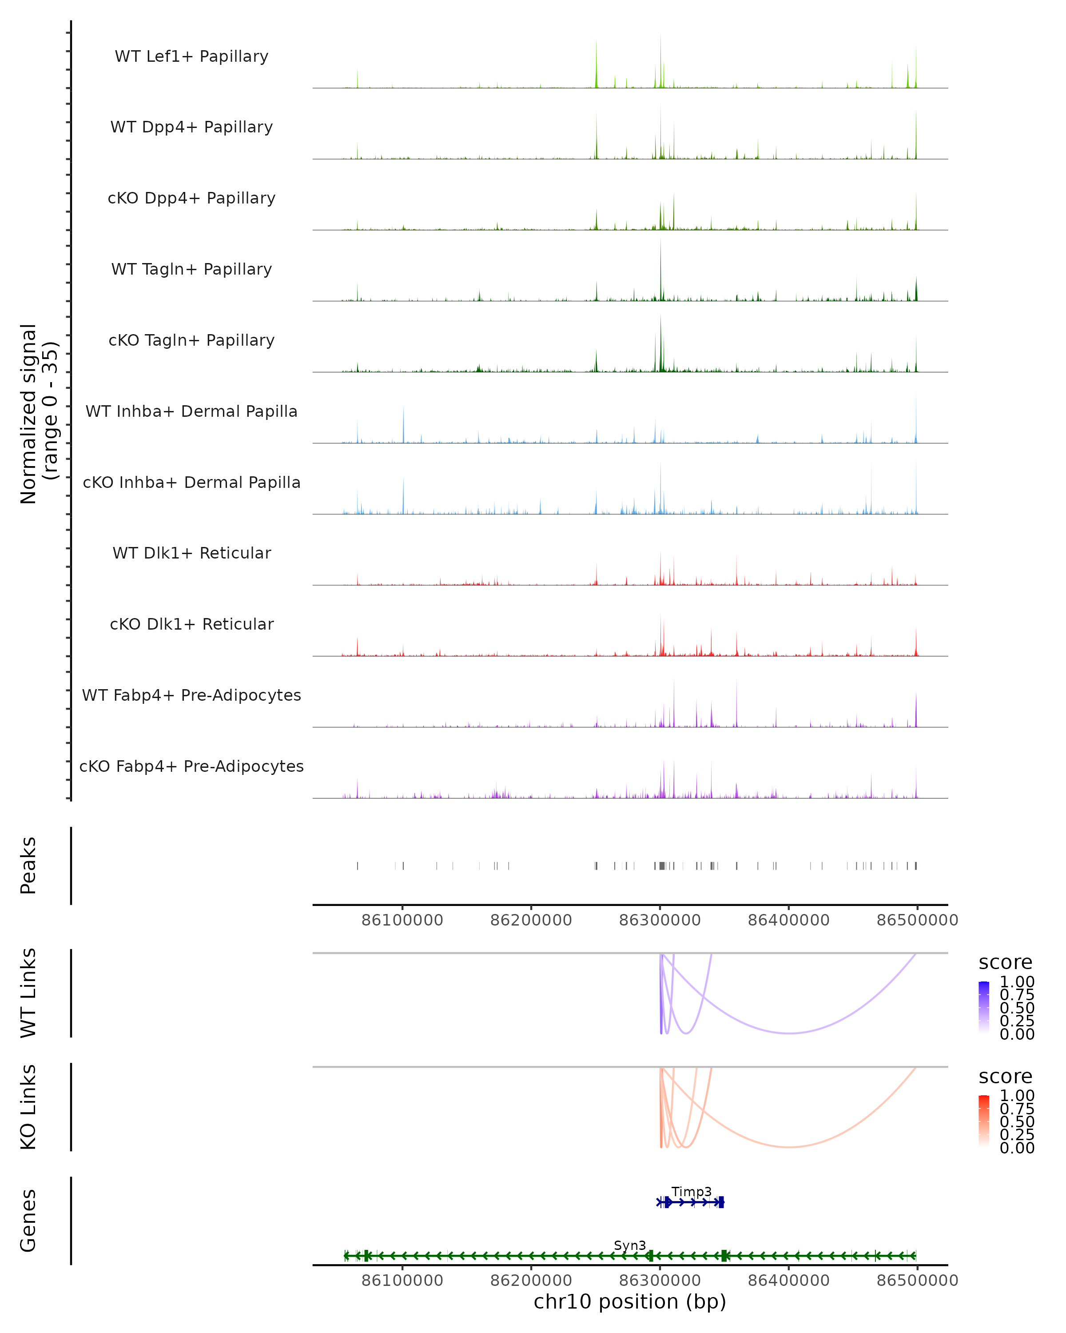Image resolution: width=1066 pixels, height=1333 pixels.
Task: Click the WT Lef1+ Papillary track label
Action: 191,56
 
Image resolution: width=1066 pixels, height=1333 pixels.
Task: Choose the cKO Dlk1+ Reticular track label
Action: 191,624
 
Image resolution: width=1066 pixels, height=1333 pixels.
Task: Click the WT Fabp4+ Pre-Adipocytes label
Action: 191,695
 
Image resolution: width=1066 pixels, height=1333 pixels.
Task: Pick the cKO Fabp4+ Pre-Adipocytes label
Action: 191,766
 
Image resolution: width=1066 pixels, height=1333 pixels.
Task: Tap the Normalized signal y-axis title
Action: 38,414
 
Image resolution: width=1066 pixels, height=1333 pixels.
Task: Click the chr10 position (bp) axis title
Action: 630,1301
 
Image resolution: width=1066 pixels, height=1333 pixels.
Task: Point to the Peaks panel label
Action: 28,866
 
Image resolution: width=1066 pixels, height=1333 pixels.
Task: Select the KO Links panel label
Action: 28,1107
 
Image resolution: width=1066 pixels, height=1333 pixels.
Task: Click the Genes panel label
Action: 28,1221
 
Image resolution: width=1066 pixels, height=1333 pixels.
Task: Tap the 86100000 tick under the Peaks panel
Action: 402,920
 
